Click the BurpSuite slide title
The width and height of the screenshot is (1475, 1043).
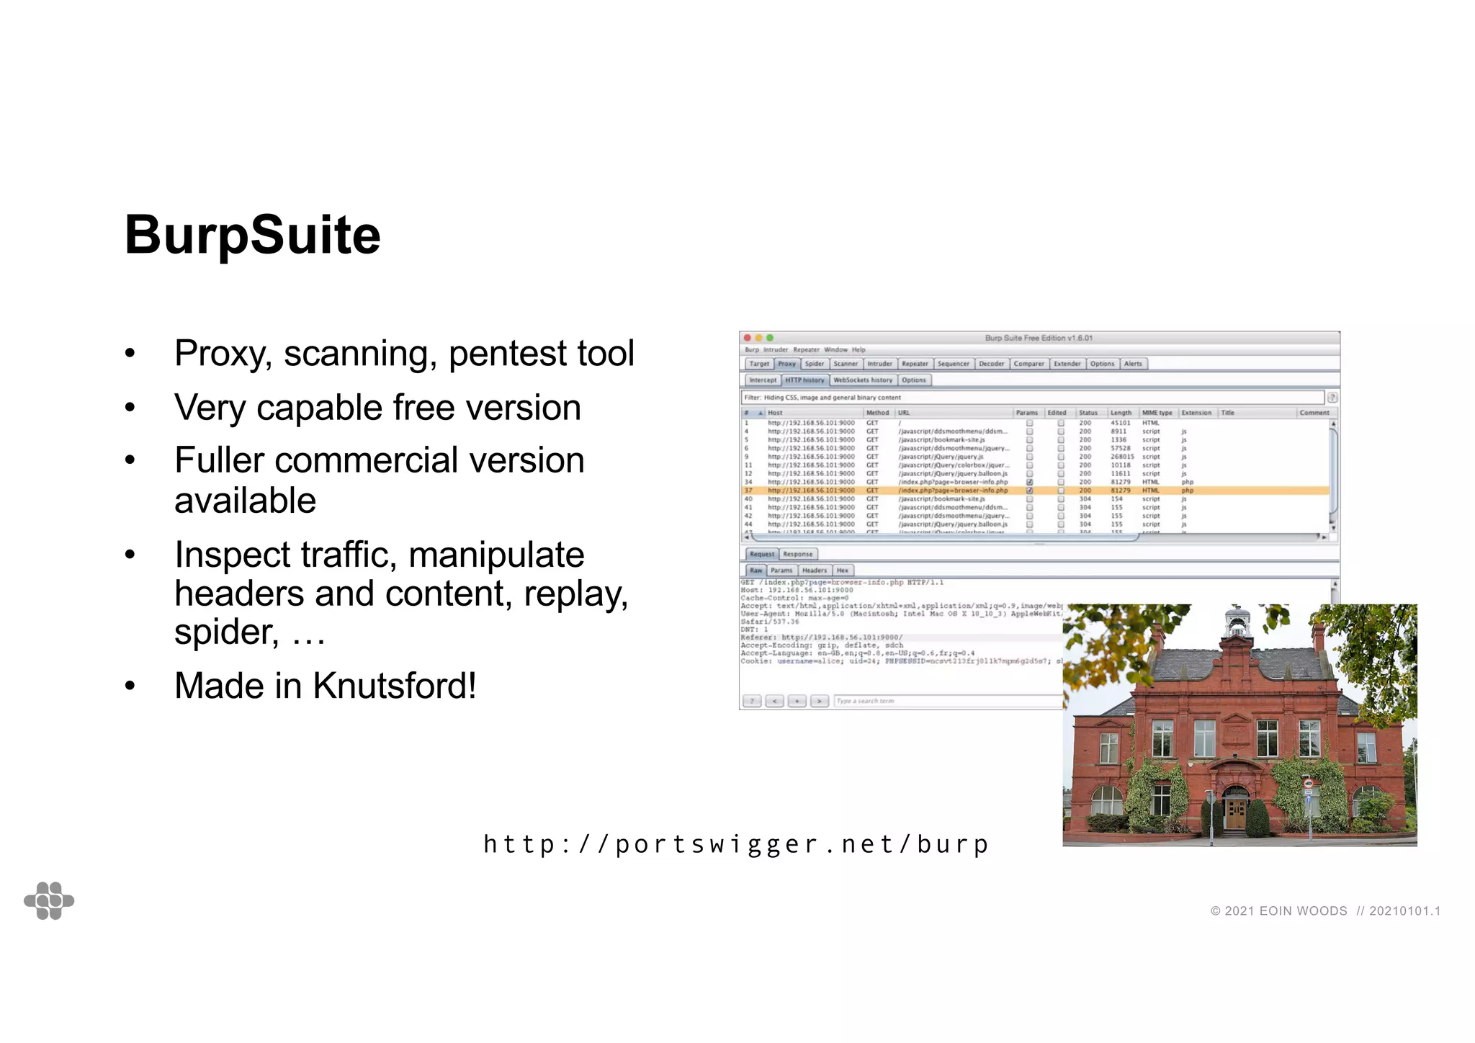[x=252, y=235]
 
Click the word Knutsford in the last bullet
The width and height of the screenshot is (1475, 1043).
[x=394, y=685]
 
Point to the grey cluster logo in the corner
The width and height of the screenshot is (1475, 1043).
[x=49, y=900]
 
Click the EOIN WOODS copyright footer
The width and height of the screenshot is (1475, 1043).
[x=1325, y=910]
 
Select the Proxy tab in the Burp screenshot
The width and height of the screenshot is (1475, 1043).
[x=786, y=364]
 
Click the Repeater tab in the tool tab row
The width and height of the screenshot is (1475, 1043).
[x=915, y=364]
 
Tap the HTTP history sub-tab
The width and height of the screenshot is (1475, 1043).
[x=804, y=380]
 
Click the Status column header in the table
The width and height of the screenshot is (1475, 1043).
[x=1088, y=413]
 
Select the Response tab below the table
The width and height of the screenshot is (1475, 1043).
[x=797, y=554]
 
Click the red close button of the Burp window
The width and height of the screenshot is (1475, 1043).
[x=748, y=338]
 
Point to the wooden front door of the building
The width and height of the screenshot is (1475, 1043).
[x=1235, y=811]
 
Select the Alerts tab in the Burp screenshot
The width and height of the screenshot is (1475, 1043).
[x=1133, y=364]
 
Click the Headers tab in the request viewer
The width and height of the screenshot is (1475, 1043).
[x=815, y=570]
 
